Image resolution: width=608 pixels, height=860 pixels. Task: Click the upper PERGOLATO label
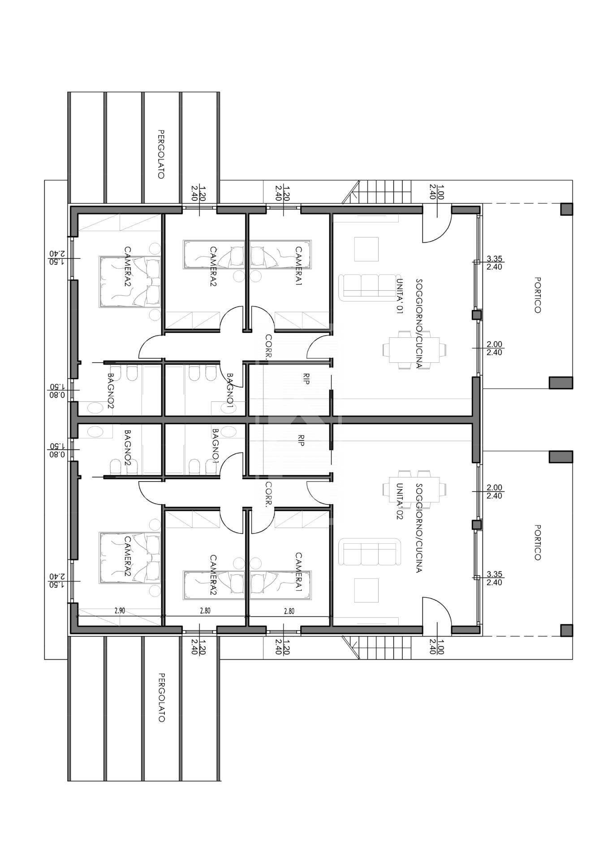(x=161, y=154)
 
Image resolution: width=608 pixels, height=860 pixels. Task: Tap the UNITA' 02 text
(x=399, y=501)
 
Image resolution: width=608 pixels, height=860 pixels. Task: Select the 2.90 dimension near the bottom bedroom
(x=119, y=611)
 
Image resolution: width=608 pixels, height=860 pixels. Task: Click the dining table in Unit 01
(x=414, y=349)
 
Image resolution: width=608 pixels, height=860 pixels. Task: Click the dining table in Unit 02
(x=414, y=490)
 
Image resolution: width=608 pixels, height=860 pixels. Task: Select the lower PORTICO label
(x=538, y=542)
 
